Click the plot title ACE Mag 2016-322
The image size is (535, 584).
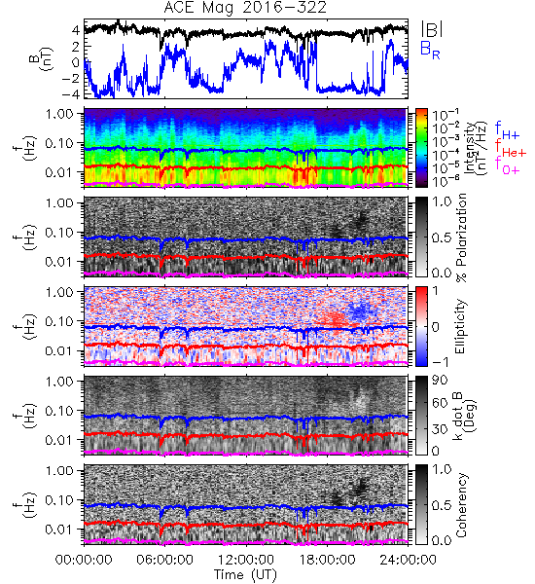pyautogui.click(x=245, y=8)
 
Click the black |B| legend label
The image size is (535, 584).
pyautogui.click(x=432, y=29)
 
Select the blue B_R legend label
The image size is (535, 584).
pyautogui.click(x=430, y=50)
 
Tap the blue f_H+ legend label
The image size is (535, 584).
pyautogui.click(x=507, y=129)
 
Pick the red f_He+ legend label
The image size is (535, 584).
pyautogui.click(x=511, y=148)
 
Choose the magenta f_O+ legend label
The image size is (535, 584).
pyautogui.click(x=507, y=165)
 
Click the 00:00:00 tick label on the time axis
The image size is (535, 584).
pyautogui.click(x=84, y=560)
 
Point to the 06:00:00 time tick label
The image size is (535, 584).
pyautogui.click(x=164, y=560)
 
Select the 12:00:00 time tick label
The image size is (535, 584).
pyautogui.click(x=246, y=560)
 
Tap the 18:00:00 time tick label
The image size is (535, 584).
pyautogui.click(x=327, y=560)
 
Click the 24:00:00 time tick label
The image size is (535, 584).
pyautogui.click(x=408, y=560)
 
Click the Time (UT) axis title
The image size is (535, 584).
pyautogui.click(x=245, y=574)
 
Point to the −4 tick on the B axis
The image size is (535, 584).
pyautogui.click(x=71, y=93)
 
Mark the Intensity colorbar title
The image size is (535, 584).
pyautogui.click(x=477, y=148)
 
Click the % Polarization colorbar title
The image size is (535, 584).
pyautogui.click(x=461, y=237)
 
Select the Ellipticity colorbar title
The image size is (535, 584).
pyautogui.click(x=461, y=326)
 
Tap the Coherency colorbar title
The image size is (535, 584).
pyautogui.click(x=461, y=505)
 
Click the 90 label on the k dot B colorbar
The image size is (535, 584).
pyautogui.click(x=440, y=380)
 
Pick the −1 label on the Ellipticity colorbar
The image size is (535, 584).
pyautogui.click(x=440, y=362)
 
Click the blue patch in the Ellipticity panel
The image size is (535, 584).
pyautogui.click(x=360, y=312)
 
